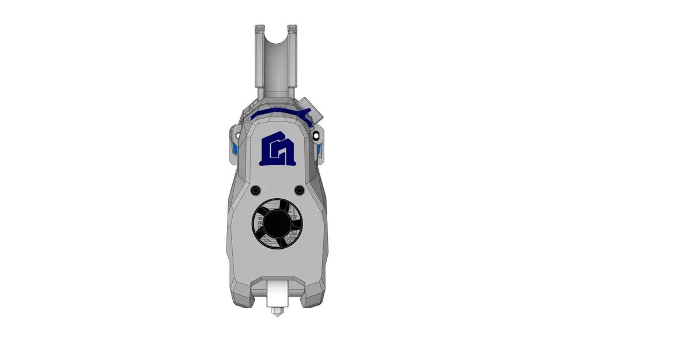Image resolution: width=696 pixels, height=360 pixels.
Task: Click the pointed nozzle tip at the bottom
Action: [277, 312]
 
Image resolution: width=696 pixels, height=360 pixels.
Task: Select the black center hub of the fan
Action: [277, 223]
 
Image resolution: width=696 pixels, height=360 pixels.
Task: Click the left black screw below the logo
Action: [256, 190]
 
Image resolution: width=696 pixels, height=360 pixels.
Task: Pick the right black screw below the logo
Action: [299, 190]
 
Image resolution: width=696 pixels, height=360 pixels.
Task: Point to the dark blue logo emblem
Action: [278, 149]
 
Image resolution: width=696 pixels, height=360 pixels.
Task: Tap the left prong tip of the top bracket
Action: [260, 28]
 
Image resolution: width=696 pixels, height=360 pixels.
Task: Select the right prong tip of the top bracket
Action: [292, 28]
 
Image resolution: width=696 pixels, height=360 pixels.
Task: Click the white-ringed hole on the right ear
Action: [316, 135]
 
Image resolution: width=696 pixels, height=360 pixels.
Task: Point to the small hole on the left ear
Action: [237, 136]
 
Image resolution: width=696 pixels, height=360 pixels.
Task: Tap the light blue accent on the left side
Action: [234, 150]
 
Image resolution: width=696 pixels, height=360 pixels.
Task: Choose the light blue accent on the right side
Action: [320, 151]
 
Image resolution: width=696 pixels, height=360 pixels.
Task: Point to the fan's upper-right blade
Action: [292, 211]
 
